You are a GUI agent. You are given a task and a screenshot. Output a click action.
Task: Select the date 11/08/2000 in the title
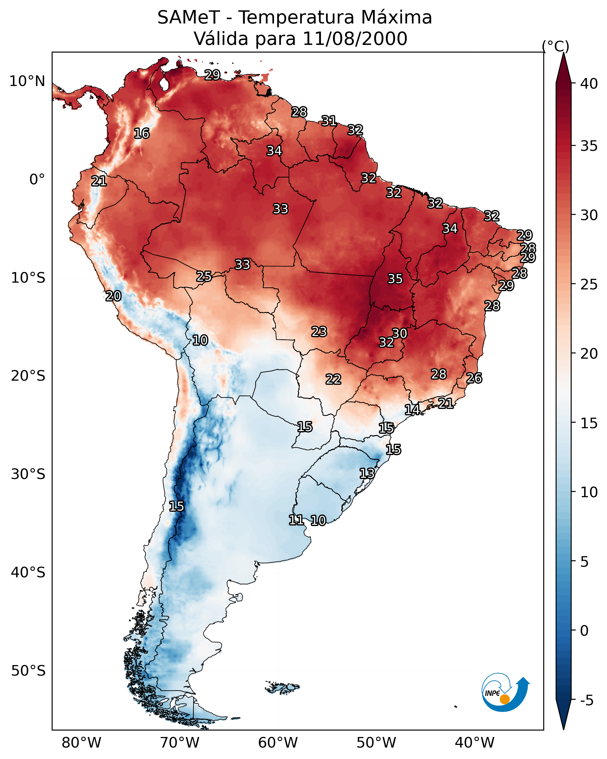(x=354, y=39)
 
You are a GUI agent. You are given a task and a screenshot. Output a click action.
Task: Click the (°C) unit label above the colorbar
(x=555, y=46)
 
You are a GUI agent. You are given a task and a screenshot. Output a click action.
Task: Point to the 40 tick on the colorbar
(x=589, y=84)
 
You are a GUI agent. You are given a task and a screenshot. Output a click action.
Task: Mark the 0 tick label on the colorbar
(x=584, y=631)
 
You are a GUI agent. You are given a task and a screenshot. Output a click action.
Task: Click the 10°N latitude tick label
(x=27, y=81)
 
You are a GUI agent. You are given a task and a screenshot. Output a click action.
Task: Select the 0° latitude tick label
(x=37, y=180)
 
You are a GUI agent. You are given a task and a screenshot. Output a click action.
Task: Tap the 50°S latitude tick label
(x=28, y=671)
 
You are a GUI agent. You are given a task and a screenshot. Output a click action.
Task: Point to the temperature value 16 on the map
(x=142, y=134)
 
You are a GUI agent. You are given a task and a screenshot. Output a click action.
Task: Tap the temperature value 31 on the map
(x=329, y=121)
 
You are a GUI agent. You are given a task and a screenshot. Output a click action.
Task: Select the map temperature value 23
(x=319, y=332)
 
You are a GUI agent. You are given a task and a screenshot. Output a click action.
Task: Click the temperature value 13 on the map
(x=367, y=473)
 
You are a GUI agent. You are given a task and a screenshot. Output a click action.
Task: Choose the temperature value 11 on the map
(x=296, y=520)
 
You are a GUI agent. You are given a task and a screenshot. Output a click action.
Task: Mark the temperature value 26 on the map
(x=474, y=378)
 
